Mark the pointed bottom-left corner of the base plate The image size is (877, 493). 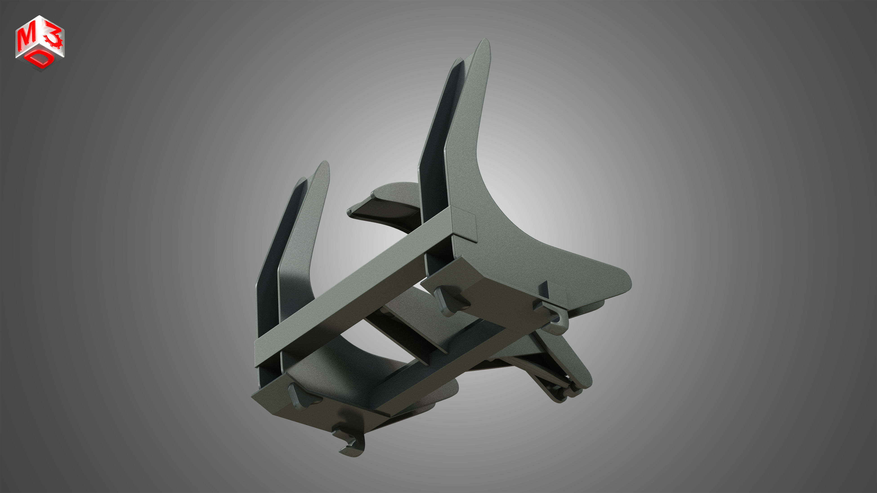[x=254, y=396]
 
